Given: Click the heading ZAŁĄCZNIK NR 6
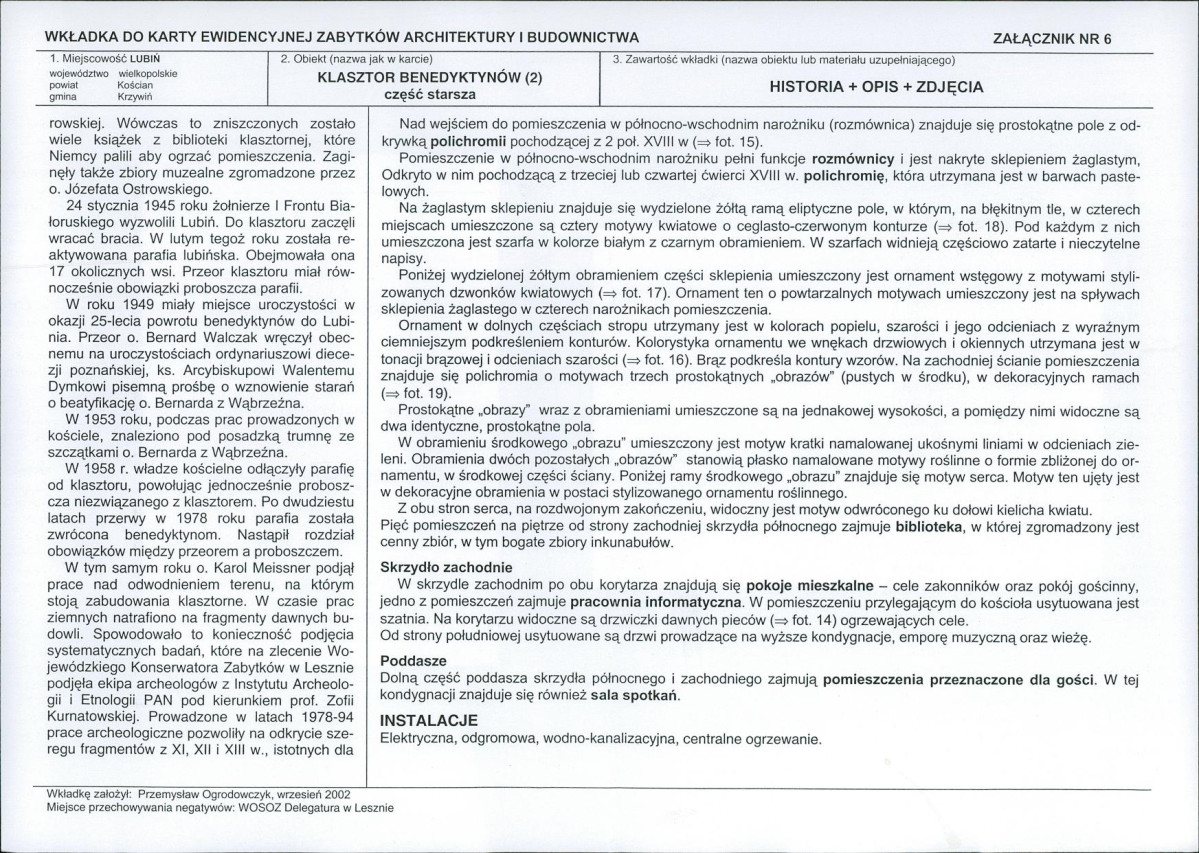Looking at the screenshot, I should [1051, 39].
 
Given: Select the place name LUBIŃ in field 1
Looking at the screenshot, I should [147, 59].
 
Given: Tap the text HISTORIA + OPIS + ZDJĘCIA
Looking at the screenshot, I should [876, 87].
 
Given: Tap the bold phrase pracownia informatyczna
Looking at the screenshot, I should [656, 603].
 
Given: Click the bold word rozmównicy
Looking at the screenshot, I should [853, 159].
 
